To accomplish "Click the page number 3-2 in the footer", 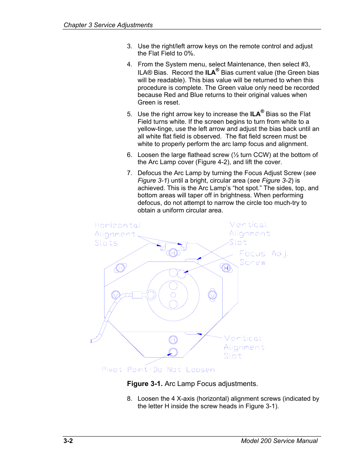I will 68,441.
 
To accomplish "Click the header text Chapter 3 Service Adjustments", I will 108,25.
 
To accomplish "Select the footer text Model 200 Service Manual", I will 279,441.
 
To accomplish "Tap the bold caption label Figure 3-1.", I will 145,384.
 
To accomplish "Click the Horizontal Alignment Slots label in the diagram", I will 117,234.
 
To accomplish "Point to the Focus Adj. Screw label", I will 263,258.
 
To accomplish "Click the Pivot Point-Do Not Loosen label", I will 158,370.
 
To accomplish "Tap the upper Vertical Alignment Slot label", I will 249,233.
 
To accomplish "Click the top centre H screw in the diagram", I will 173,253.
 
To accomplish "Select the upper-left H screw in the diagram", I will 120,268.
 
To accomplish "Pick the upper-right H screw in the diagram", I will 226,268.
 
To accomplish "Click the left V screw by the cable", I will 116,295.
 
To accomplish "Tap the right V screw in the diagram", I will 212,295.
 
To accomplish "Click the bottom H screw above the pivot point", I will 173,340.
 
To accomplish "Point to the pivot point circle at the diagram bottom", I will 173,352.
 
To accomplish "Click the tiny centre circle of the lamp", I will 173,295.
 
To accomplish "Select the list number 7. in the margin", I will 129,173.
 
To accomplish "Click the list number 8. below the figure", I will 129,399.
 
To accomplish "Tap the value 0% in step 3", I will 189,54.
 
